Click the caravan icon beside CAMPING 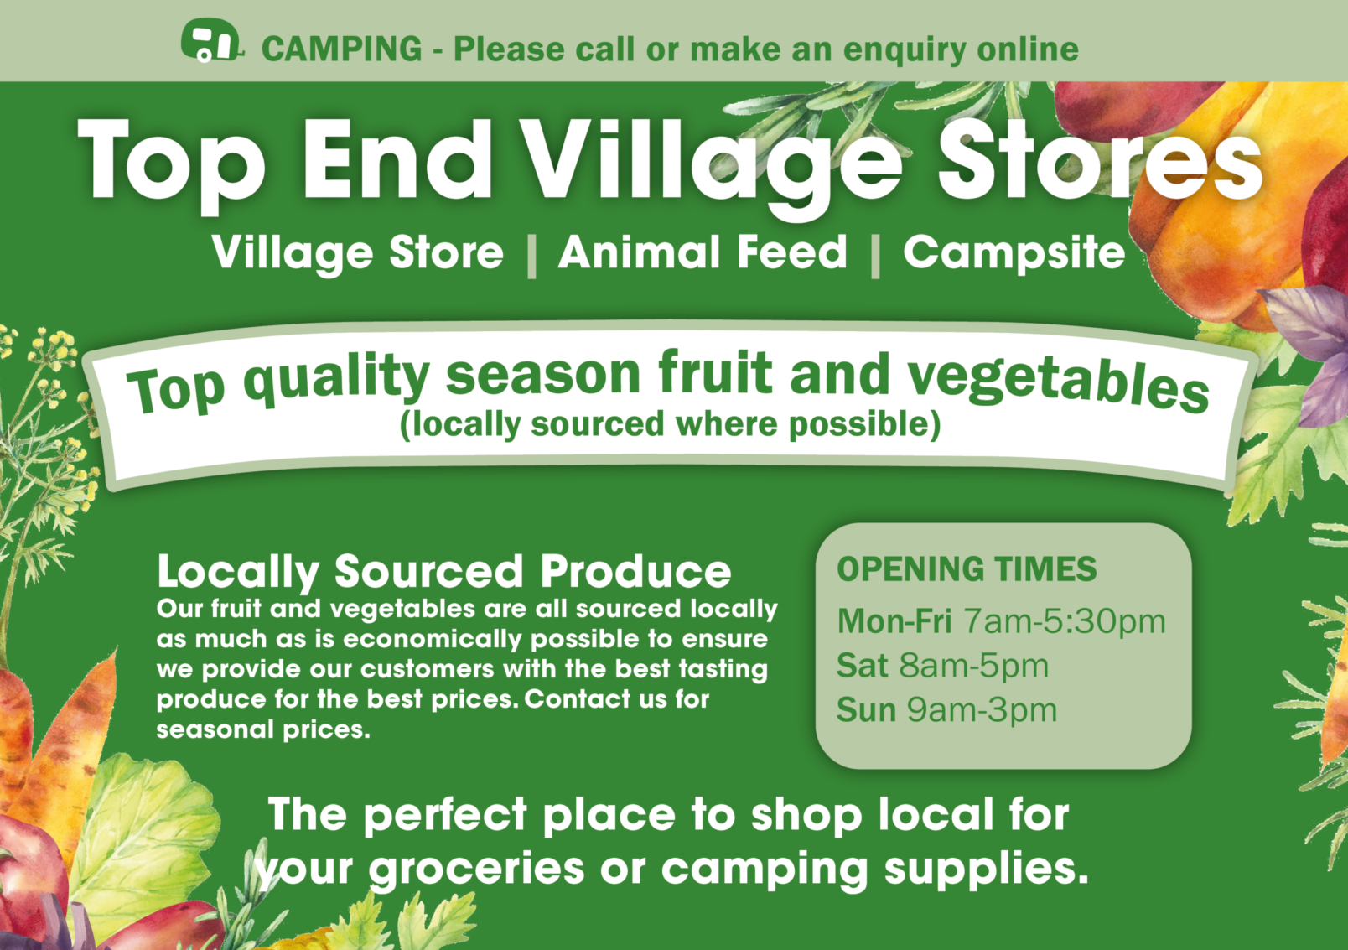212,40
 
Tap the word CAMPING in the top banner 342,49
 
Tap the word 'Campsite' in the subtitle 1014,254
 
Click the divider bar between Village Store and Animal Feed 531,255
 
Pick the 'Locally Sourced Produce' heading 444,572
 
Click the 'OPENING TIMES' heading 967,569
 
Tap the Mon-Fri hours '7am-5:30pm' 1065,622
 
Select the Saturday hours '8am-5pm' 973,666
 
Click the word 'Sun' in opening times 866,710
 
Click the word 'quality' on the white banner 336,382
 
